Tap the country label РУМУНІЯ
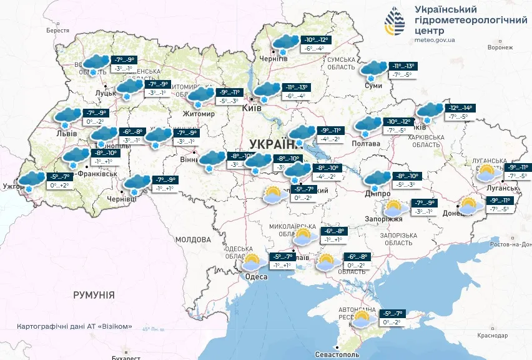tap(94, 294)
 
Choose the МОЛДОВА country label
tap(193, 239)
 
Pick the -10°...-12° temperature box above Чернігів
tap(316, 40)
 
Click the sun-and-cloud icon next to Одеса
tap(252, 262)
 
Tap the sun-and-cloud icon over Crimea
tap(362, 319)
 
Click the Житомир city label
tap(199, 114)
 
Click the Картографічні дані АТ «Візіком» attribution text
tap(76, 326)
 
